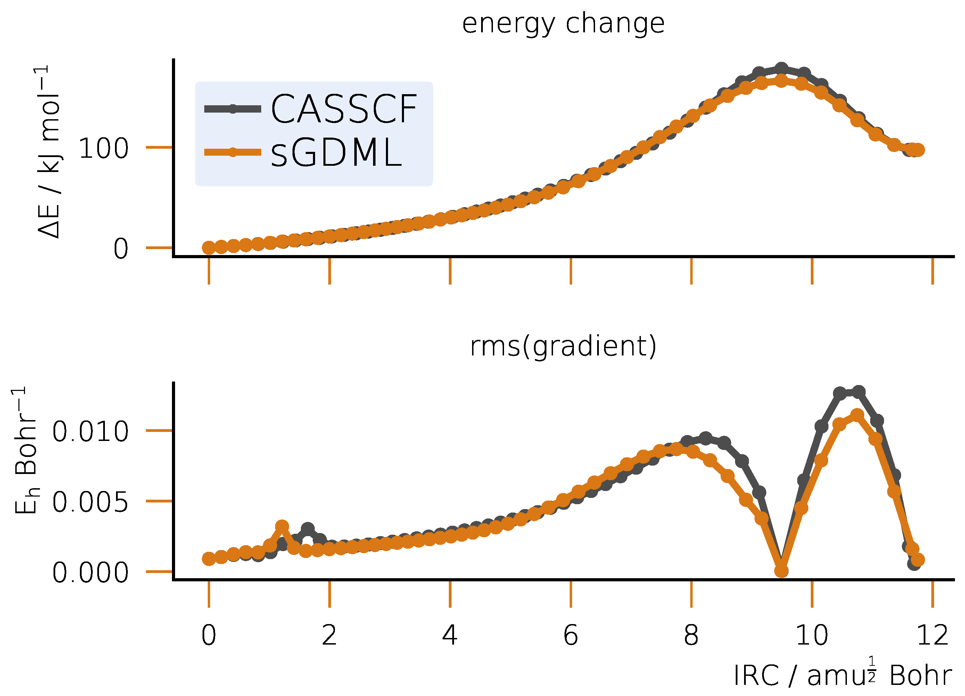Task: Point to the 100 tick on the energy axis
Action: [x=104, y=149]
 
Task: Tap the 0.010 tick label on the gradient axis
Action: [x=90, y=432]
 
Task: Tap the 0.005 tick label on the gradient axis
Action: [x=90, y=502]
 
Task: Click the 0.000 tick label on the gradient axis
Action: [x=90, y=573]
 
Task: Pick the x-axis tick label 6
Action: [x=571, y=636]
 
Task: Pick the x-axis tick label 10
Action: [x=811, y=636]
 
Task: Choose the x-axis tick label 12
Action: [x=932, y=636]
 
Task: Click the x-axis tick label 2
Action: [x=329, y=636]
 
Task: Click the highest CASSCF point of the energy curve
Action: [x=781, y=68]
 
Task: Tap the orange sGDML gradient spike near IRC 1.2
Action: [x=282, y=526]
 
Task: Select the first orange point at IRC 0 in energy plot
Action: [x=208, y=248]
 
